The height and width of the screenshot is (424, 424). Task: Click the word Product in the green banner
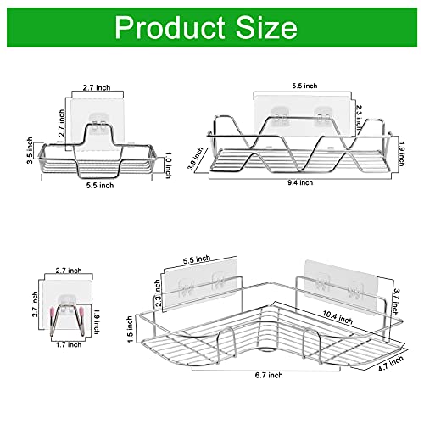pyautogui.click(x=170, y=27)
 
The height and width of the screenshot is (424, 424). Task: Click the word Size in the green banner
pyautogui.click(x=266, y=27)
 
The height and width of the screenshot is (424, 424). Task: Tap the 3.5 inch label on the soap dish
pyautogui.click(x=30, y=150)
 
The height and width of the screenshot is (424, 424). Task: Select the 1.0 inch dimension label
pyautogui.click(x=168, y=165)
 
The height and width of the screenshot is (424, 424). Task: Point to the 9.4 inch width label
pyautogui.click(x=300, y=182)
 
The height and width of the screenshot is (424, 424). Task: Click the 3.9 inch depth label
pyautogui.click(x=196, y=159)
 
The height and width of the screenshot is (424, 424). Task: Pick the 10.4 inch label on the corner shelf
pyautogui.click(x=338, y=317)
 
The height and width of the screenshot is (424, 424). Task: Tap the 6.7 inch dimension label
pyautogui.click(x=269, y=375)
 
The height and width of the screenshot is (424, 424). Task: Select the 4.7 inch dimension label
pyautogui.click(x=391, y=364)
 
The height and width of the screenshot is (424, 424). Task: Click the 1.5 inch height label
pyautogui.click(x=130, y=329)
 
